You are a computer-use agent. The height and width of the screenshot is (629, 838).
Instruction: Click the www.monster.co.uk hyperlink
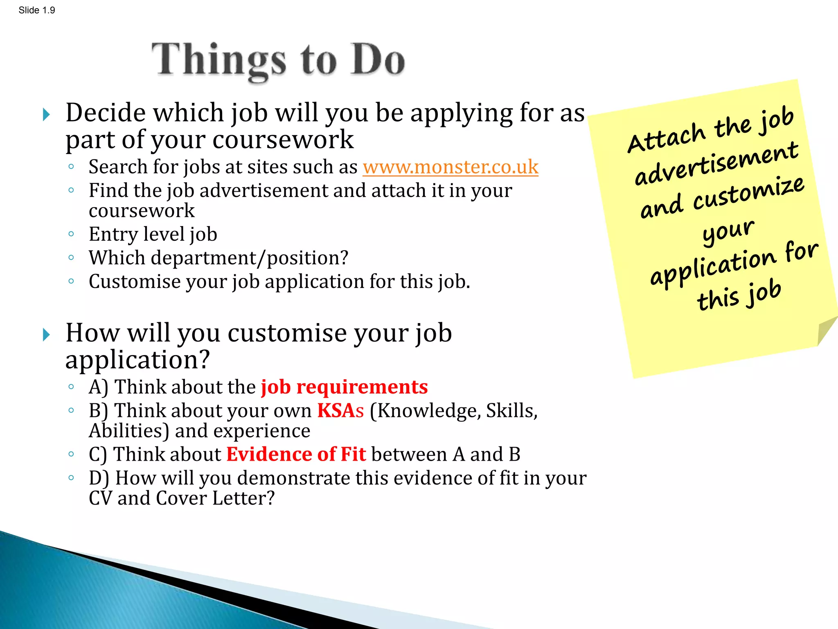450,167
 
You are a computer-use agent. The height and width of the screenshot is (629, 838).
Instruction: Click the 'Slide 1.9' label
37,10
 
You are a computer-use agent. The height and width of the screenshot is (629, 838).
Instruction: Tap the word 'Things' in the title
219,61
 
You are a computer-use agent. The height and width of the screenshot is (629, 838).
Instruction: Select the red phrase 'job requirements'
344,387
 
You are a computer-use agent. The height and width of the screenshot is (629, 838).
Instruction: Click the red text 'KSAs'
340,411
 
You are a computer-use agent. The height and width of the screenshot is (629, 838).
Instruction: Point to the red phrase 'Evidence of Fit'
296,455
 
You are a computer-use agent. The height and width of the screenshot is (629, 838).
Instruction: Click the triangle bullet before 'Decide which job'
46,115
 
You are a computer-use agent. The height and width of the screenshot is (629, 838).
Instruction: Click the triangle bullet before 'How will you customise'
46,335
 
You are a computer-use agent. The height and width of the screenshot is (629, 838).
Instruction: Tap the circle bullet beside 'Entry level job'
71,234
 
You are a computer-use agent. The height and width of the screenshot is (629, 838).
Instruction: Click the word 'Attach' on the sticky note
666,138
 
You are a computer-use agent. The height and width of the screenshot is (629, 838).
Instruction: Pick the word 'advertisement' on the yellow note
716,164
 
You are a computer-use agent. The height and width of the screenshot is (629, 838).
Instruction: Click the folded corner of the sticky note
824,330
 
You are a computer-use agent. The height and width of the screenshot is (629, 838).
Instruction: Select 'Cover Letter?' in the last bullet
215,498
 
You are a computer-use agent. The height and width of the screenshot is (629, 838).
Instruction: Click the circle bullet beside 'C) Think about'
71,454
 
